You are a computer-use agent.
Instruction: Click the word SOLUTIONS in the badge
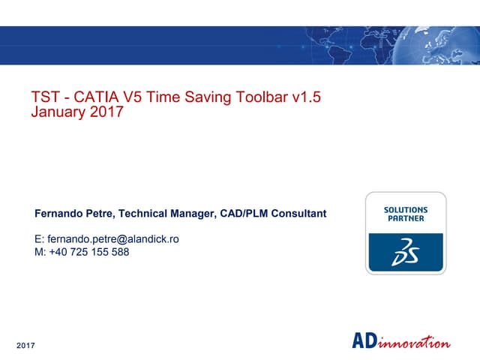coord(406,210)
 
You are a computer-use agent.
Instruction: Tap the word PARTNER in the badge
coord(406,219)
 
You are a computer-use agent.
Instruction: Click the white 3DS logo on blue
coord(405,253)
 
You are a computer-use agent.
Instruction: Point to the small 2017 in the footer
coord(25,346)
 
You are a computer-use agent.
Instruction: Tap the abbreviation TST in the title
coord(44,97)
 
